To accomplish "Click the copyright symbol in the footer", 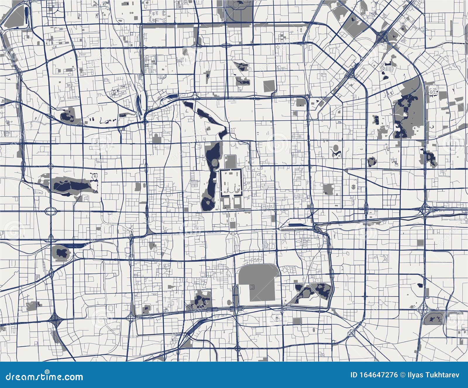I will coord(403,375).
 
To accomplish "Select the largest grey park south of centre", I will coord(259,282).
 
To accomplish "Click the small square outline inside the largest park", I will coord(252,285).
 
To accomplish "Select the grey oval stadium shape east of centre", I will coord(336,148).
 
